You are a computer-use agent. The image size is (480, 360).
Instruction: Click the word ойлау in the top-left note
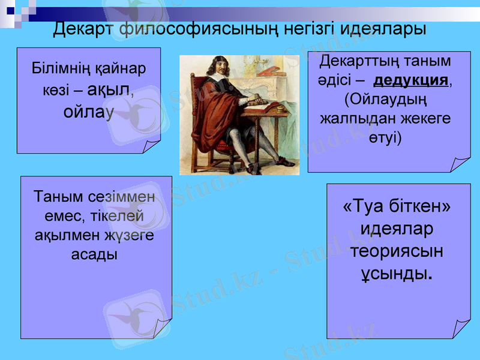pyautogui.click(x=88, y=112)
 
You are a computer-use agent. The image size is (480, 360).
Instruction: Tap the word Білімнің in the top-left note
pyautogui.click(x=57, y=68)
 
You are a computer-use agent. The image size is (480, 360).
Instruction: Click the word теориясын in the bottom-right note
pyautogui.click(x=397, y=251)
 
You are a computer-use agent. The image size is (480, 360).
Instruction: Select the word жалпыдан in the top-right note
pyautogui.click(x=354, y=118)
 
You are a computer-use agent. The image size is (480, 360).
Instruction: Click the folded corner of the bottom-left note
pyautogui.click(x=163, y=328)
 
